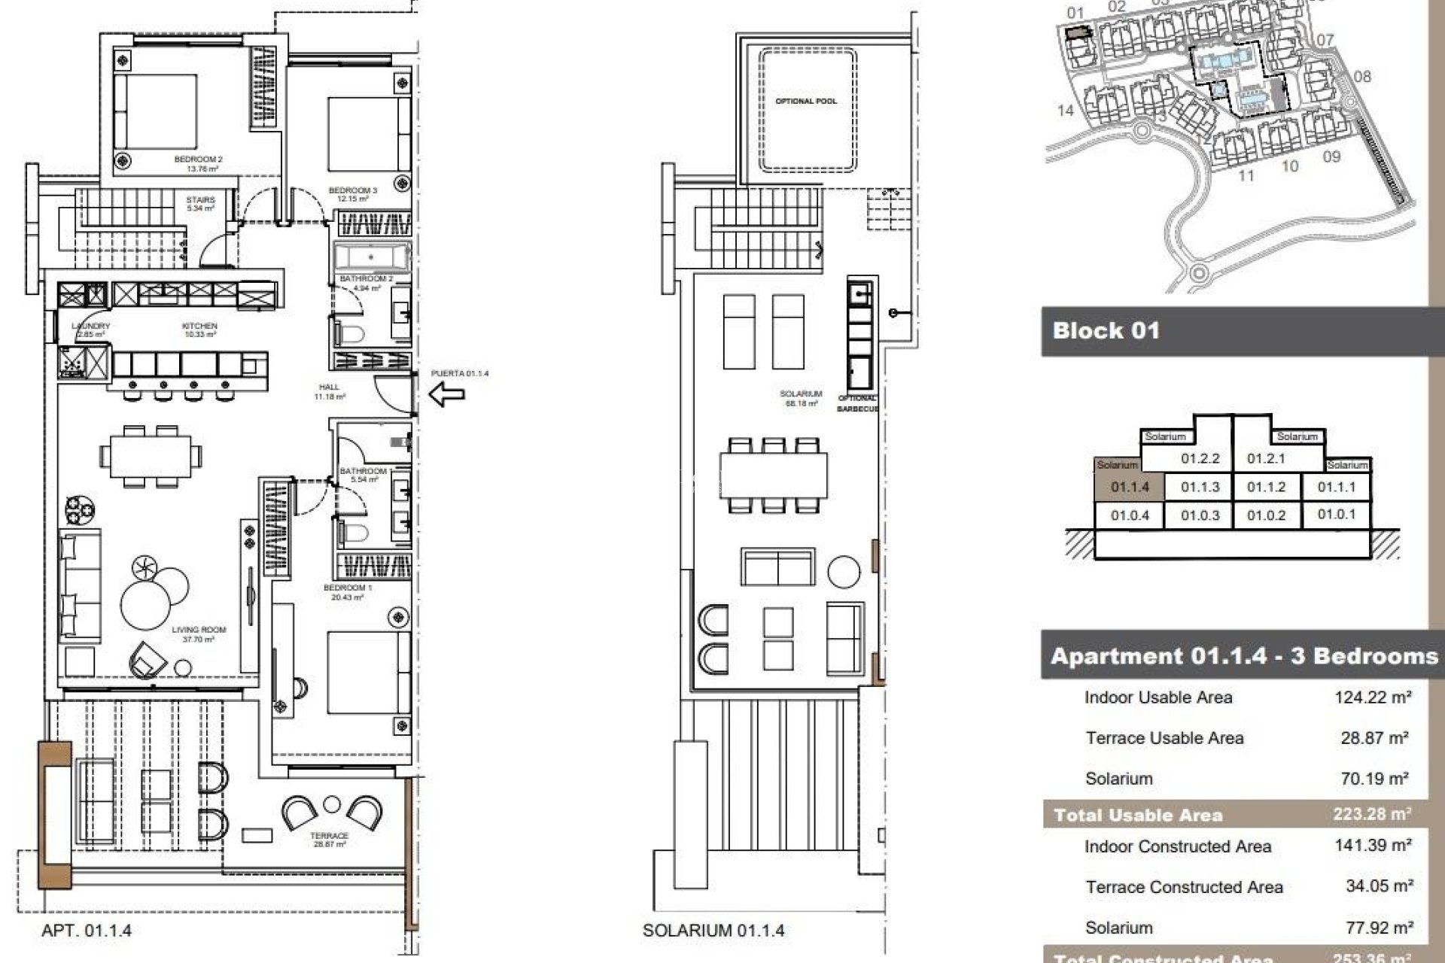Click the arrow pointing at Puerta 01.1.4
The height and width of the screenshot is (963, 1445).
click(446, 393)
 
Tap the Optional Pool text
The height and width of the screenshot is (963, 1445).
click(806, 101)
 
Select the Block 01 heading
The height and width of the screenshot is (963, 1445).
click(1106, 331)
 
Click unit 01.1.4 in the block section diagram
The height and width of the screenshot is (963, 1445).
click(1130, 488)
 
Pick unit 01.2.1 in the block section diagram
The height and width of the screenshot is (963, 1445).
click(1266, 458)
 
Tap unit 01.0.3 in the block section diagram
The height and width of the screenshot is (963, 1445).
click(1200, 515)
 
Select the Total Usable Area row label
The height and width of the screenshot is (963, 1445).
click(1138, 815)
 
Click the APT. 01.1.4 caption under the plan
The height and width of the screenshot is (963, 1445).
click(87, 931)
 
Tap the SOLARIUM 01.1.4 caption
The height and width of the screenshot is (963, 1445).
click(713, 931)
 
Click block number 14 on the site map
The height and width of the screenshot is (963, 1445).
click(1065, 111)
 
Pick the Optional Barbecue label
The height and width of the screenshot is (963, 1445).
click(857, 403)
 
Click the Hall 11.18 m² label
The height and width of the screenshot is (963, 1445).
click(329, 391)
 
